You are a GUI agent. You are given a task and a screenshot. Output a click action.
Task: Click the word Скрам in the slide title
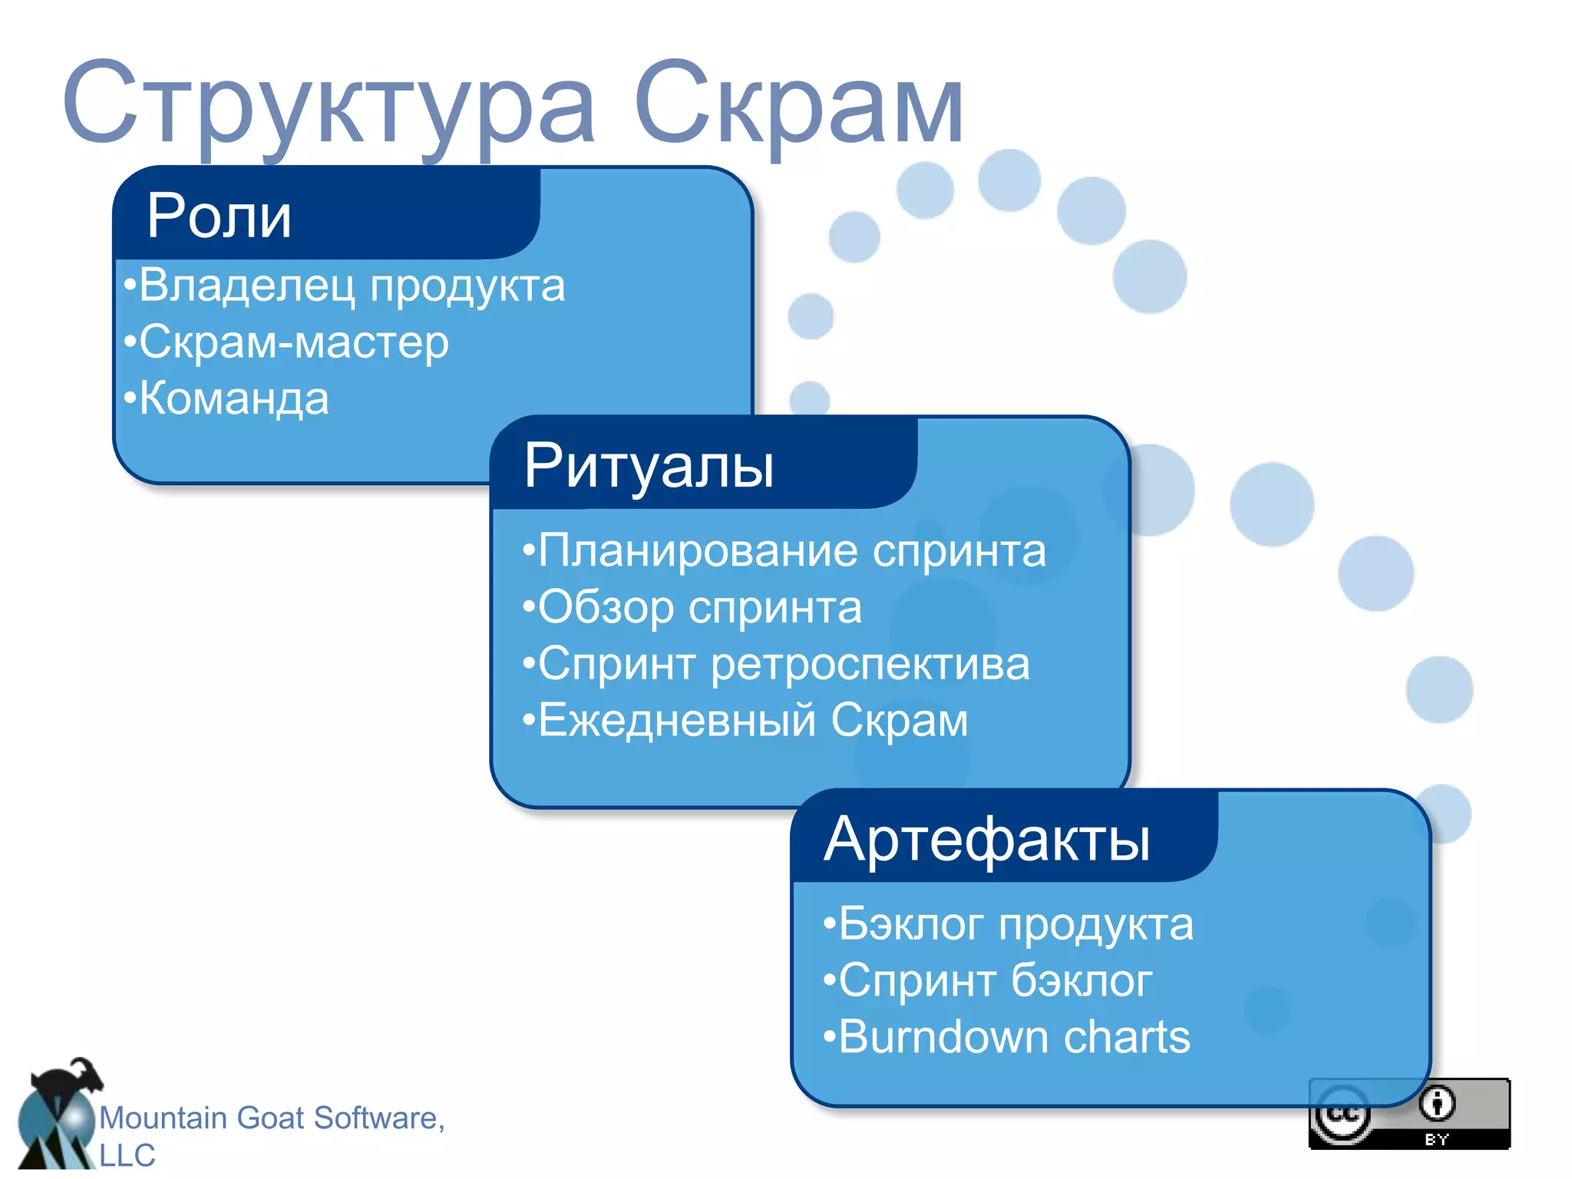pos(798,104)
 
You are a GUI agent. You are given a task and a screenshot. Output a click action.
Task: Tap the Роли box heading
pos(219,216)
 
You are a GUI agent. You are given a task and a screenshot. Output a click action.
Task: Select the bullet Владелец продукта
pos(345,286)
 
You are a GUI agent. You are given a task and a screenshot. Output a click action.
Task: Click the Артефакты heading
pos(987,839)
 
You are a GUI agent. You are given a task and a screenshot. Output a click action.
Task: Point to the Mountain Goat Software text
pos(272,1118)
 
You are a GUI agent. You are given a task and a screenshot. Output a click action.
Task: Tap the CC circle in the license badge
pos(1342,1115)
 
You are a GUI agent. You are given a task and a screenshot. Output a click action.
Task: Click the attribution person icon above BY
pos(1436,1105)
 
